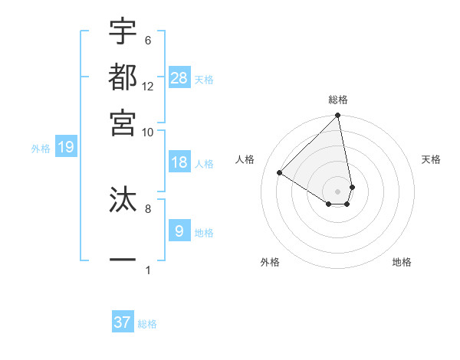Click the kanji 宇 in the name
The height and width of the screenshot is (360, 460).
(123, 31)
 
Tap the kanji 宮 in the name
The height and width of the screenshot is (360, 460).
(123, 122)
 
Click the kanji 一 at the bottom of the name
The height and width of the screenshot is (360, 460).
(123, 260)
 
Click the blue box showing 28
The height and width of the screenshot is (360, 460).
(179, 77)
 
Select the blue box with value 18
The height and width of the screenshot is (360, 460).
(179, 162)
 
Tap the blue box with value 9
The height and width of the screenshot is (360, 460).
(179, 231)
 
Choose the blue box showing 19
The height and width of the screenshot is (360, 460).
(66, 147)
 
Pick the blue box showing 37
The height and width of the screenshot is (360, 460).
(123, 322)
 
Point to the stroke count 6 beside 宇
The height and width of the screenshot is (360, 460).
(147, 41)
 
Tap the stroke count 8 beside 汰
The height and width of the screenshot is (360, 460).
(147, 208)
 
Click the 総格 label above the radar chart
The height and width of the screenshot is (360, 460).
(338, 100)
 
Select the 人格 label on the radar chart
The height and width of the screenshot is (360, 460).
(245, 159)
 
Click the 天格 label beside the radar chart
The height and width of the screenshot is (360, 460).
(431, 159)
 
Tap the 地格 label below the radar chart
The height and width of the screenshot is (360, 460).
(402, 262)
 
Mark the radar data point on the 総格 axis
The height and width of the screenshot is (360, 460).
(338, 116)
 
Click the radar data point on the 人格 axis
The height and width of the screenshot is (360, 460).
(280, 173)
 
